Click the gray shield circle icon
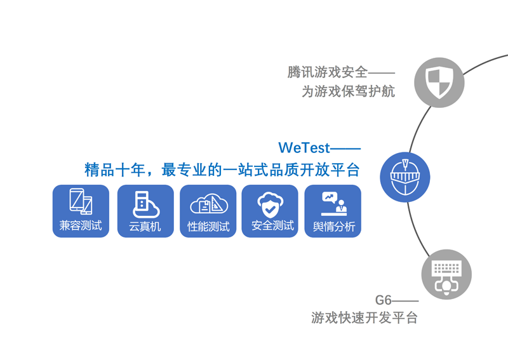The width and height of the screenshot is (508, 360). [439, 83]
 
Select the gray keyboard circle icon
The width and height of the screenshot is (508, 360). [446, 274]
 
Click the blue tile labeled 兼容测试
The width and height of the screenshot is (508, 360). [81, 211]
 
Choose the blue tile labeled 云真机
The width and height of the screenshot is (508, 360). [145, 211]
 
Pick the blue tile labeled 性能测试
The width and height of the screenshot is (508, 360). [208, 211]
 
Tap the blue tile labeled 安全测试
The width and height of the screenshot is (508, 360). [270, 211]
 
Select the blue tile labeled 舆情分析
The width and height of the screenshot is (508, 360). [333, 211]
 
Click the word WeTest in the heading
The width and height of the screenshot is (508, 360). [304, 148]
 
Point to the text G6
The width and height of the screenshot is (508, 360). [384, 300]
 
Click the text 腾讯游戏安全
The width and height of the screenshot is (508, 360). [327, 72]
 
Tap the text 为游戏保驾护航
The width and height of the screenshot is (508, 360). [348, 91]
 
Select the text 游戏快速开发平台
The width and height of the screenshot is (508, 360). [364, 317]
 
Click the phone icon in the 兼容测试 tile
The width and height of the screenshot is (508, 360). [81, 202]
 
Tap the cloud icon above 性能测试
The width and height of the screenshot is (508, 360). [208, 204]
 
